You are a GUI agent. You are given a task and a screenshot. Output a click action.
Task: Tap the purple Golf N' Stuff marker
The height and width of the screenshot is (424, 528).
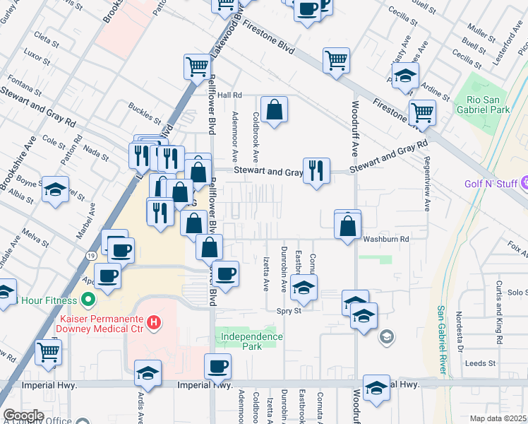click(523, 184)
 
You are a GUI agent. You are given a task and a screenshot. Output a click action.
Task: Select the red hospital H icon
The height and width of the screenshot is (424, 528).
click(154, 325)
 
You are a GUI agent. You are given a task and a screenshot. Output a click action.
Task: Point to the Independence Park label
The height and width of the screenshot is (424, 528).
click(248, 342)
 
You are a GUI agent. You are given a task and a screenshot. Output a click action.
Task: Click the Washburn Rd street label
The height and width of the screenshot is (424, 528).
click(386, 240)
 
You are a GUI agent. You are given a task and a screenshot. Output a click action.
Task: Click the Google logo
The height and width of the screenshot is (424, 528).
click(23, 415)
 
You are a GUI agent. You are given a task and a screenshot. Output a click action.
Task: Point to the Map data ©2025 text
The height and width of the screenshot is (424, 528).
click(498, 418)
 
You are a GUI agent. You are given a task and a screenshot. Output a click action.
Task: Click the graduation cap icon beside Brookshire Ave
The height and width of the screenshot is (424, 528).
click(55, 189)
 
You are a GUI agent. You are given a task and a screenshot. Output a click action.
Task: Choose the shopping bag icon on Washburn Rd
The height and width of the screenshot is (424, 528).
click(347, 226)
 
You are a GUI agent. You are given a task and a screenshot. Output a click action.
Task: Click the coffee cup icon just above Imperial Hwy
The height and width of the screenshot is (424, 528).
click(217, 366)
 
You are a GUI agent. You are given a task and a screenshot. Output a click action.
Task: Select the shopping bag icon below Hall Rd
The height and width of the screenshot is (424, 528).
click(274, 110)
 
